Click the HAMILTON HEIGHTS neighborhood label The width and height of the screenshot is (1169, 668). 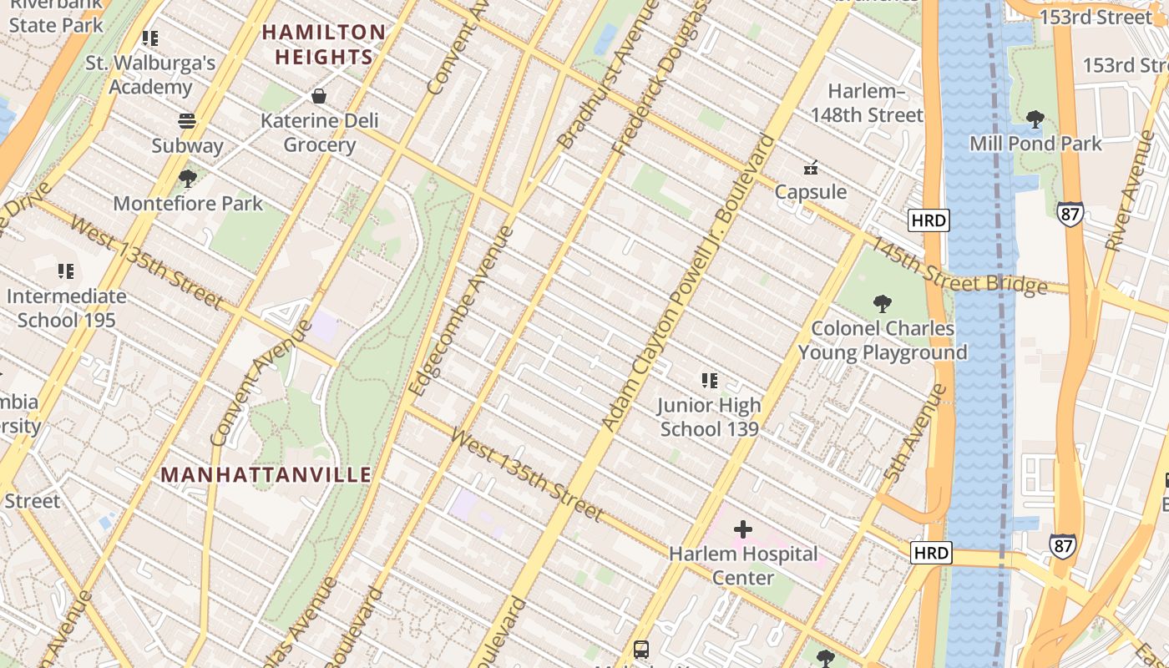coord(324,45)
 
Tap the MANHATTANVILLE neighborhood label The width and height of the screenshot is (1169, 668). coord(266,475)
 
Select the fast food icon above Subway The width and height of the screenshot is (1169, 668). coord(187,121)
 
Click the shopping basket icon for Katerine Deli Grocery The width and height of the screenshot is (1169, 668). coord(319,96)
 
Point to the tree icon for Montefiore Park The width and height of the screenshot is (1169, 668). coord(187,178)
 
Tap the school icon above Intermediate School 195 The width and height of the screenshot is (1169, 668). coord(66,271)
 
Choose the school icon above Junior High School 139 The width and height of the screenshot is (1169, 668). coord(709,381)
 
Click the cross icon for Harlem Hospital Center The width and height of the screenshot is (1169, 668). coord(742,529)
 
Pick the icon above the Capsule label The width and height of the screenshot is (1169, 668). coord(810,168)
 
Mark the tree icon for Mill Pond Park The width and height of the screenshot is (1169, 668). coord(1035,119)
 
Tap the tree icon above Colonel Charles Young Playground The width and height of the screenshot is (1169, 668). coord(882,304)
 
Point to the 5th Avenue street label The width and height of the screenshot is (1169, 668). coord(915,433)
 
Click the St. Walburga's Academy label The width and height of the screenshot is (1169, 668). coord(150,75)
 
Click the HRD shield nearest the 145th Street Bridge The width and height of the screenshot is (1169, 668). coord(929,220)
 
